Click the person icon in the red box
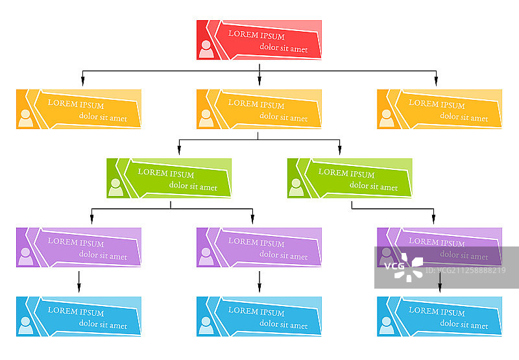(206, 49)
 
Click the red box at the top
(259, 40)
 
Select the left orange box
(78, 109)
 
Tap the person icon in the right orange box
(387, 118)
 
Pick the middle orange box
(259, 109)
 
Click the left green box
(169, 178)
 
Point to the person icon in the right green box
(296, 187)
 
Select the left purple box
(78, 247)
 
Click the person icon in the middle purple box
(206, 256)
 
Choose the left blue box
(78, 316)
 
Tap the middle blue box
(259, 316)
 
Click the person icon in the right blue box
(387, 325)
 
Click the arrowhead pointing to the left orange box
(82, 81)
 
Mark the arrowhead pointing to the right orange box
(436, 81)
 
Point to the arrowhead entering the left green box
(179, 150)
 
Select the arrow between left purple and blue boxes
(79, 282)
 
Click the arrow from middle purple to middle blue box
(259, 282)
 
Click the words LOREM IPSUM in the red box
(256, 36)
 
